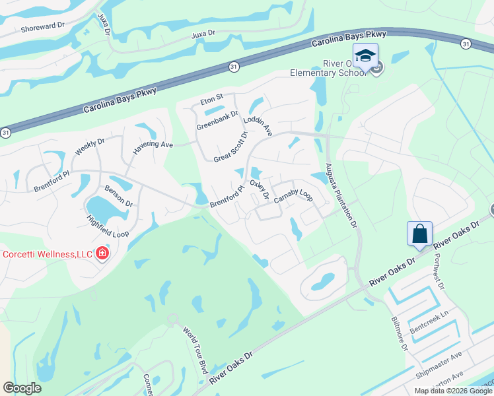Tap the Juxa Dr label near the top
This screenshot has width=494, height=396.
point(203,34)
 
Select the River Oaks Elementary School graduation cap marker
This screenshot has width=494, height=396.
point(365,56)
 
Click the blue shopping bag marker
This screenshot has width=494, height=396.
point(419,234)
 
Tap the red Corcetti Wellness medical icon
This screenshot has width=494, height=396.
point(102,253)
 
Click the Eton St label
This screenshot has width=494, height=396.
point(212,100)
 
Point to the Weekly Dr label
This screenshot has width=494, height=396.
point(90,147)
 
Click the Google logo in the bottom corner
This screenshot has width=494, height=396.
point(22,388)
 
